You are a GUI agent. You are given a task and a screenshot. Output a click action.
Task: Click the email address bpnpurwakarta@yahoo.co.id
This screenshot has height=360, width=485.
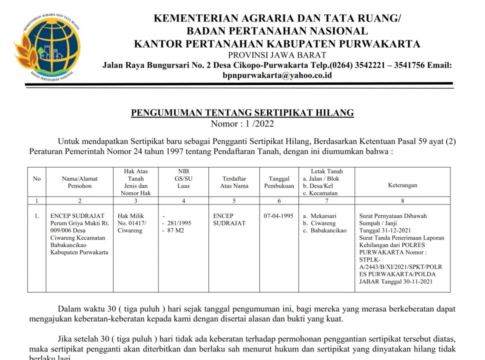[x=277, y=75]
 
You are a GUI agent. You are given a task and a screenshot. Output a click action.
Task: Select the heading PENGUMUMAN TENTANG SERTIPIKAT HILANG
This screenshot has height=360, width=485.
[x=242, y=113]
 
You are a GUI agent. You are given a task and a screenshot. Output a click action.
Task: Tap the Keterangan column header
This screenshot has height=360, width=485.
[x=402, y=185]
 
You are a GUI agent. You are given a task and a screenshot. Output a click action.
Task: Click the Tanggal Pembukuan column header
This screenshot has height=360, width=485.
[x=279, y=182]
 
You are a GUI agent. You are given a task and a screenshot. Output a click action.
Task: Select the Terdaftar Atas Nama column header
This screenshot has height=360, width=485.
[x=234, y=182]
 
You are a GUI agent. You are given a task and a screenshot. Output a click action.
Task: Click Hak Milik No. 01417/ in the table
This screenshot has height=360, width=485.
[x=132, y=223]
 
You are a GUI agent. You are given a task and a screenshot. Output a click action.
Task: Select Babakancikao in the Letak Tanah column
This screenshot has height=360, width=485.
[x=328, y=230]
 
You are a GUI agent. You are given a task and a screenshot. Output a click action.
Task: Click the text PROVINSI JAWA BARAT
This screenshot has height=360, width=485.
[x=277, y=55]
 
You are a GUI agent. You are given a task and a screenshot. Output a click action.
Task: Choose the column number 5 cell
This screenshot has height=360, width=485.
[x=234, y=200]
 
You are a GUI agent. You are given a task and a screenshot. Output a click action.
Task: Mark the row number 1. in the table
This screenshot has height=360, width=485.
[x=36, y=216]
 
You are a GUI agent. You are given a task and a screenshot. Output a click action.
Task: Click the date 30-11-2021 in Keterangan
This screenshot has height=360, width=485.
[x=420, y=281]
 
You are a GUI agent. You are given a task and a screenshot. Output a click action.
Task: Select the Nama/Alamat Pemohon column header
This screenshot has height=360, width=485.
[x=79, y=182]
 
